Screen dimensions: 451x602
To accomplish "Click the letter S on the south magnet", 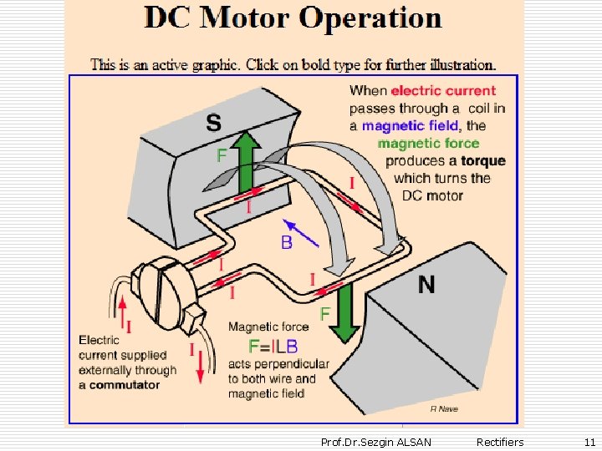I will coord(213,124).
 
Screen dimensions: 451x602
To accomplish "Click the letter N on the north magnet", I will coord(426,285).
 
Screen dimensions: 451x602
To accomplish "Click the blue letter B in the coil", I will coord(287,243).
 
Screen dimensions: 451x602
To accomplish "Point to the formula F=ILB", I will coord(273,346).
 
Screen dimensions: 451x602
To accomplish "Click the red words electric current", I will coord(443,90).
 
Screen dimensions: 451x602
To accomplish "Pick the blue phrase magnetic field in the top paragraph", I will coord(411,125).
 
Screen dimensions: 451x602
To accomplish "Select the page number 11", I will coord(589,442).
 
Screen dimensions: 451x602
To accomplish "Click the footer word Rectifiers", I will coord(500,442).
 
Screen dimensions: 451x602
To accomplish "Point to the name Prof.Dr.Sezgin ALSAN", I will coord(376,442).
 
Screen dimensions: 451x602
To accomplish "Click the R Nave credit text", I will coord(444,408).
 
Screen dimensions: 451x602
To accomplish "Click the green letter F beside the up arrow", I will coord(222,155).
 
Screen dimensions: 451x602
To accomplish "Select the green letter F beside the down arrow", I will coord(324,313).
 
